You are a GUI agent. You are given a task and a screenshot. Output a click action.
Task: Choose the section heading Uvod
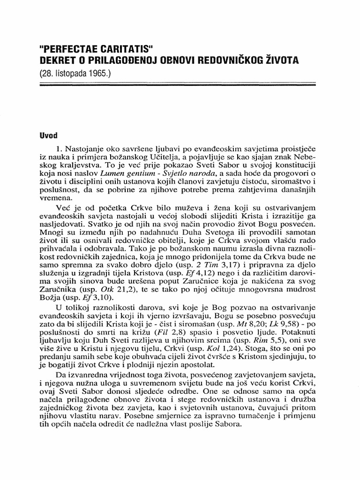coord(48,135)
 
